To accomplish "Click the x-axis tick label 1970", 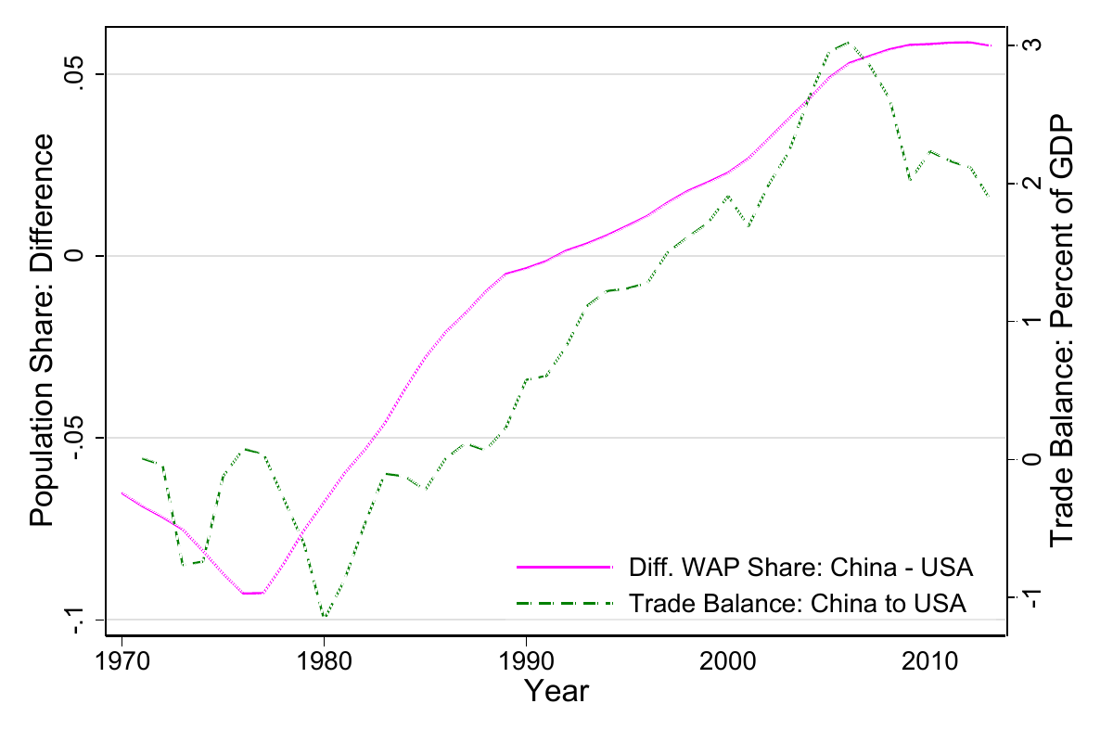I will coord(122,664).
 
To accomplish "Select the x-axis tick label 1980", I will coord(324,664).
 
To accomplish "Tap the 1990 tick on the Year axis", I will coord(526,664).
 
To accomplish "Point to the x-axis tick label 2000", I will coord(728,664).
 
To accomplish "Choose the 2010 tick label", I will coord(930,664).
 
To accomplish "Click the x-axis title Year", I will coord(556,691).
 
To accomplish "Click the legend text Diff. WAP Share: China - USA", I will coord(800,566).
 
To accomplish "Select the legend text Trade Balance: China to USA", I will coord(798,603).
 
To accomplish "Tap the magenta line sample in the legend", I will coord(565,566).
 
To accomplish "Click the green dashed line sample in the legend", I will coord(565,603).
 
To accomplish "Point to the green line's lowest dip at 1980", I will coord(325,617).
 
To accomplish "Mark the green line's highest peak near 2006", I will coord(850,43).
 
